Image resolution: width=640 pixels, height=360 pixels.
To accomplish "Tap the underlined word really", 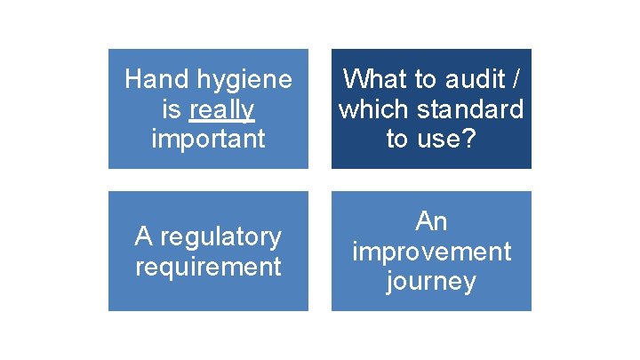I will (x=222, y=110).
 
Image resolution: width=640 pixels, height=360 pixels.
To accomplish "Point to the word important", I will (x=208, y=140).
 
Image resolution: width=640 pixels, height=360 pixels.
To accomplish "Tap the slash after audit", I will (x=516, y=79).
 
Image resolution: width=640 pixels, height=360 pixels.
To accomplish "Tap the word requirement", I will (x=208, y=266).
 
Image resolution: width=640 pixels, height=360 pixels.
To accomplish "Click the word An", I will (x=431, y=221).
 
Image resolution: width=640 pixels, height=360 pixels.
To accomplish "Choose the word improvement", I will (x=431, y=252).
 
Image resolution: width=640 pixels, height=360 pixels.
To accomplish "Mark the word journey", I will (x=431, y=283).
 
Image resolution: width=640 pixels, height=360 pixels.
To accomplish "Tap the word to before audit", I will (x=423, y=79).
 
